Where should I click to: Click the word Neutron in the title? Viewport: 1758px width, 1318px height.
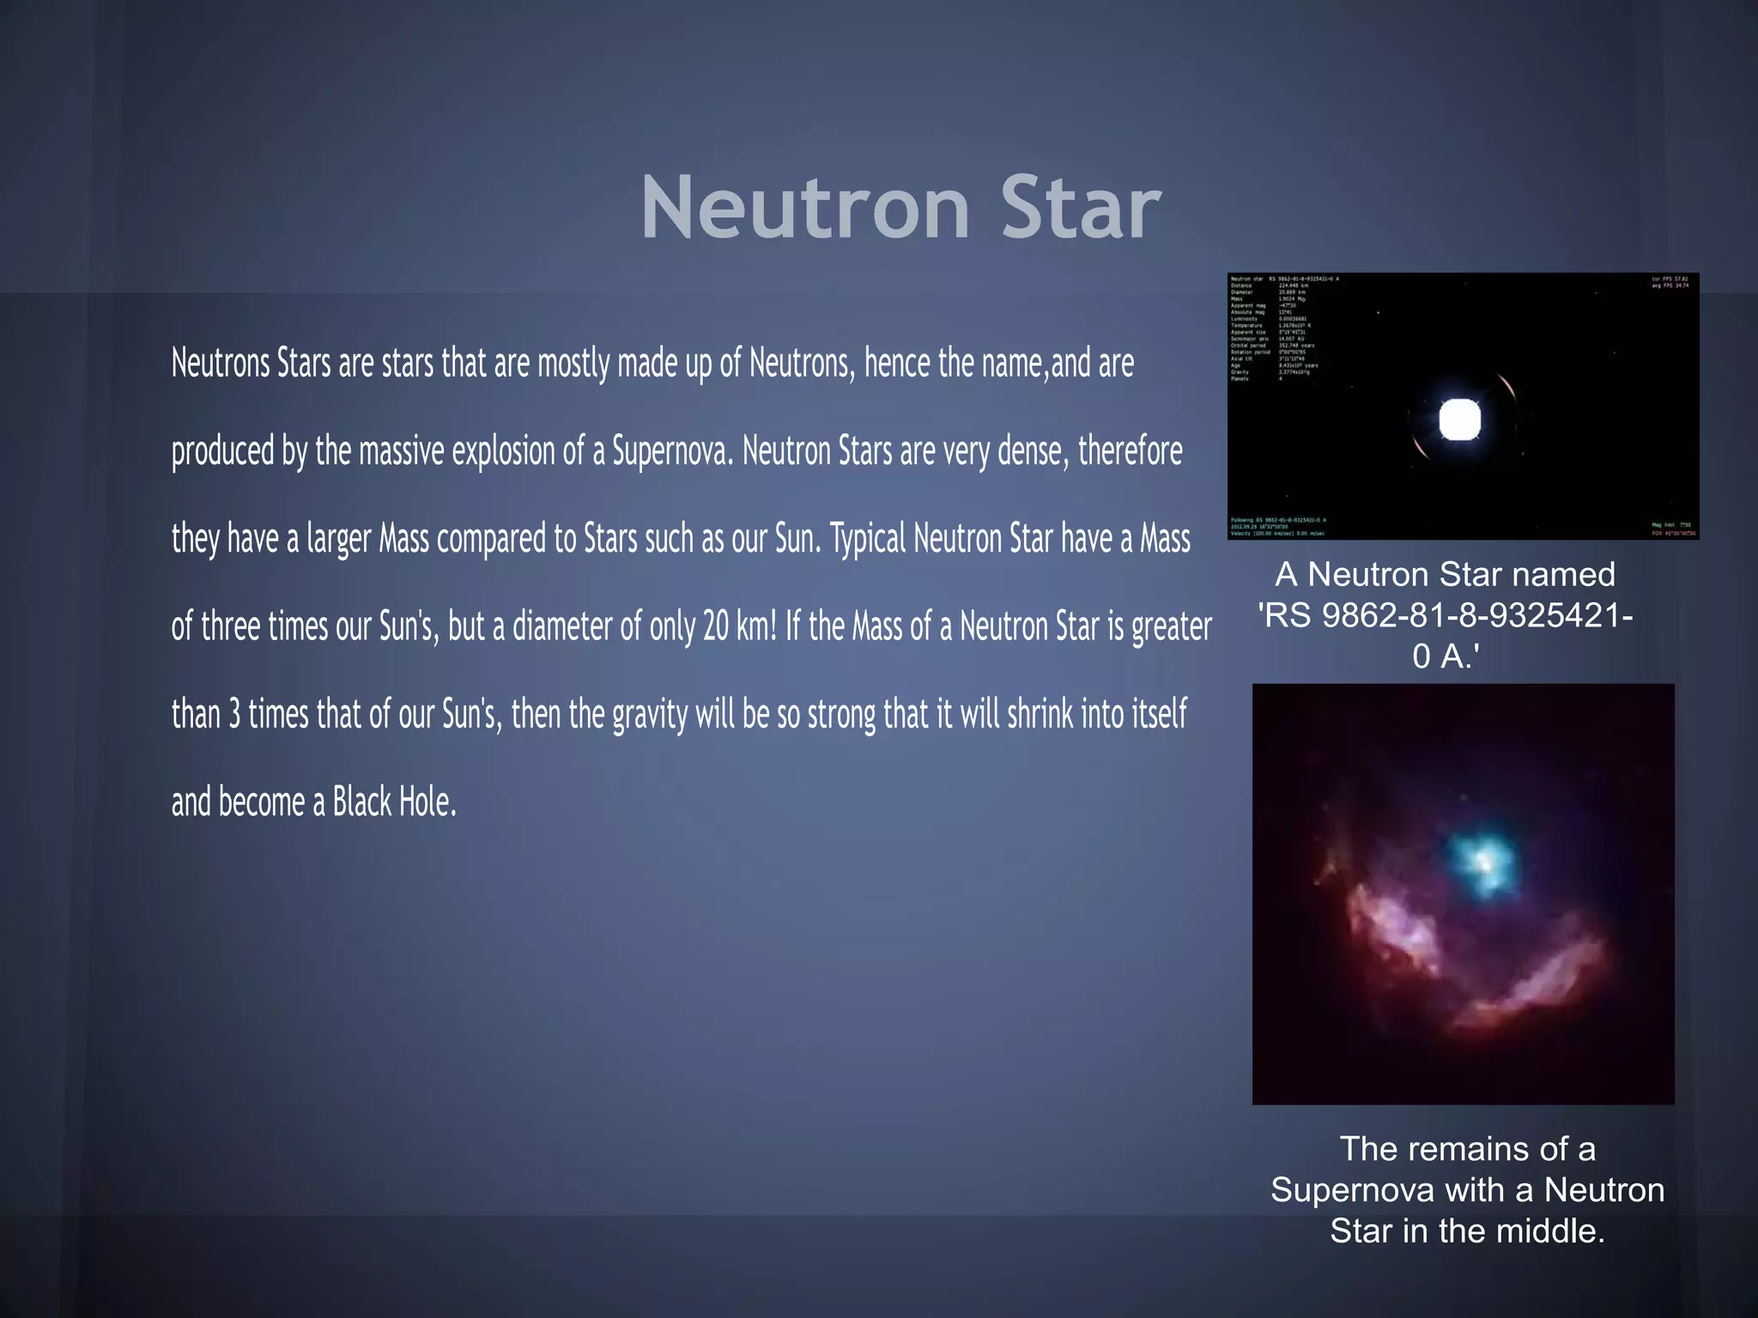click(x=805, y=208)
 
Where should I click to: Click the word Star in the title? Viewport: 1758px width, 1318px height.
click(x=1081, y=208)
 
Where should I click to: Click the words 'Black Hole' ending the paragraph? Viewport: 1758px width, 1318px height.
click(x=394, y=802)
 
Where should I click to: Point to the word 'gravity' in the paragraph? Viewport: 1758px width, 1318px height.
click(x=650, y=714)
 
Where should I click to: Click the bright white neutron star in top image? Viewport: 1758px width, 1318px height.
click(x=1459, y=420)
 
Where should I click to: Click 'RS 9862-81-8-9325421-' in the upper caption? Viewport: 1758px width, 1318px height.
click(x=1446, y=615)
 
